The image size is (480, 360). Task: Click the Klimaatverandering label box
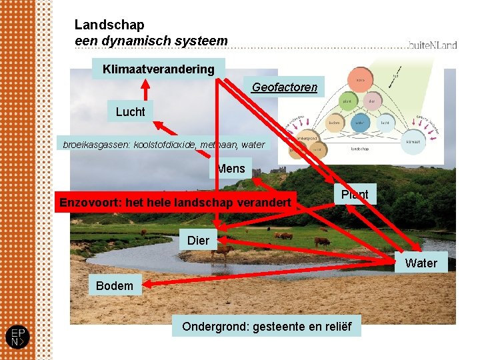158,69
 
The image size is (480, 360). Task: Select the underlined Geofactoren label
285,87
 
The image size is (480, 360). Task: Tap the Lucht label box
130,111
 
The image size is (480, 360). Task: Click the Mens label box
231,169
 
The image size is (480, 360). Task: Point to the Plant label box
355,194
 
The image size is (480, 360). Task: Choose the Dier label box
198,240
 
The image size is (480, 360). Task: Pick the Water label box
421,263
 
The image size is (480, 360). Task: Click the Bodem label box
114,285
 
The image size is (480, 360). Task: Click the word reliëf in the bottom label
336,327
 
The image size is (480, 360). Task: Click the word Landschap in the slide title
109,25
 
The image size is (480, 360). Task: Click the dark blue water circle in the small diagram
359,123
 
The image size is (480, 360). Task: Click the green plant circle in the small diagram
347,101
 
